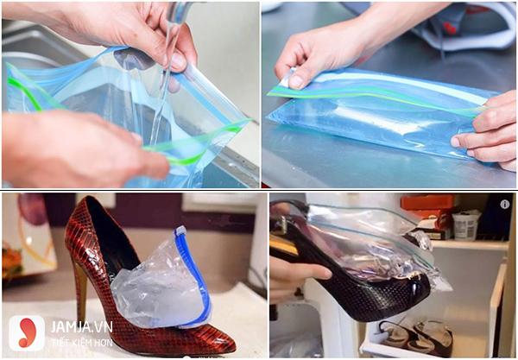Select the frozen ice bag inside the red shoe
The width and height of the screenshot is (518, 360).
155,285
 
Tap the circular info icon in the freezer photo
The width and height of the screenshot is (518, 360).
505,205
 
